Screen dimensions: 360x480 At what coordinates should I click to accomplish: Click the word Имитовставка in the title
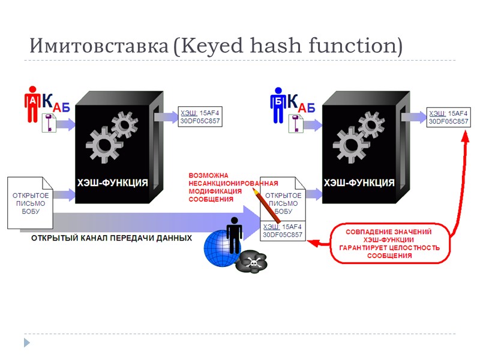98,46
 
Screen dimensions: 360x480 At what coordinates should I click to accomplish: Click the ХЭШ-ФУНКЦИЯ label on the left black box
112,182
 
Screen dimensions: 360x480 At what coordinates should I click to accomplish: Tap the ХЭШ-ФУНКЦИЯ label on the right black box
359,182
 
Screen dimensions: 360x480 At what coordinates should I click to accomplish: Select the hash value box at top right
448,117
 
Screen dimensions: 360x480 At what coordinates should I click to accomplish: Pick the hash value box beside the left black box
200,117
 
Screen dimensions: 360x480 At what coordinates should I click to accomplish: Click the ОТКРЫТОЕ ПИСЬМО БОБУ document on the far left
30,203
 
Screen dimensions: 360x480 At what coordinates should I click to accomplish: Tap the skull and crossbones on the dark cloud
251,261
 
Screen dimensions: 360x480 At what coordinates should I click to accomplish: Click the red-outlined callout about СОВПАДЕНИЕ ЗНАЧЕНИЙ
389,243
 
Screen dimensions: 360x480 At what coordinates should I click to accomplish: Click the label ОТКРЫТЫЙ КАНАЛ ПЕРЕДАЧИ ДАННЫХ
112,238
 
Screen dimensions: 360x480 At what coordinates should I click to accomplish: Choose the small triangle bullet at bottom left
26,343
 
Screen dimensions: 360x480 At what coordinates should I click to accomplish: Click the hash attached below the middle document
283,230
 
